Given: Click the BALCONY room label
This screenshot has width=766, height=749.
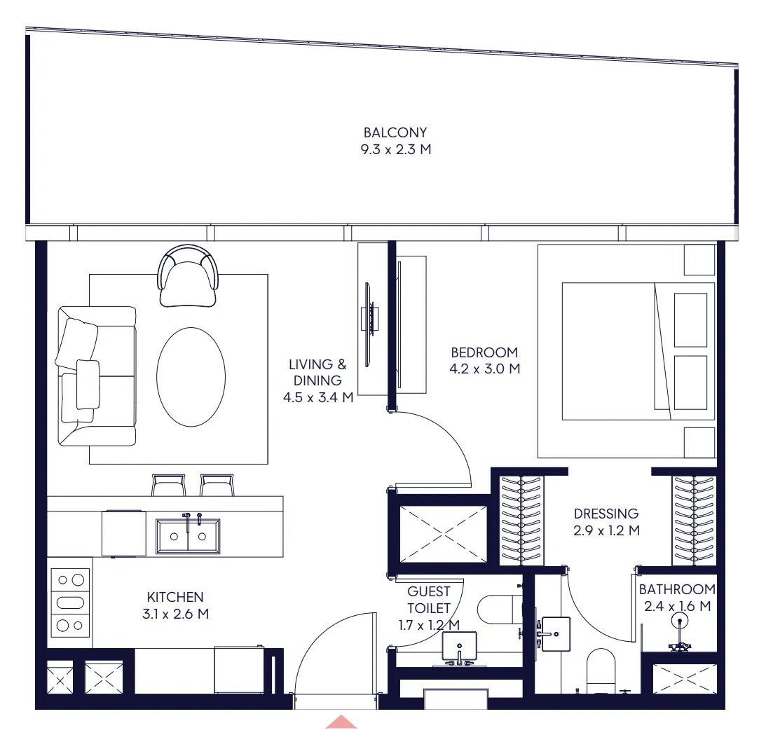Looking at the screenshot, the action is point(395,132).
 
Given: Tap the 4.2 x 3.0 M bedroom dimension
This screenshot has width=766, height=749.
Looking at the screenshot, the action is point(484,369).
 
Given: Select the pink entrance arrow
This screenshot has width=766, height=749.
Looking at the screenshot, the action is point(341,722).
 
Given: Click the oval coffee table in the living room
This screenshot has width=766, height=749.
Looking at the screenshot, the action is point(191,377).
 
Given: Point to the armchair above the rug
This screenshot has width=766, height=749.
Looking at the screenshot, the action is point(188,276).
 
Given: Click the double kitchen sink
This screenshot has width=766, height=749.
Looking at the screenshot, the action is point(188,535).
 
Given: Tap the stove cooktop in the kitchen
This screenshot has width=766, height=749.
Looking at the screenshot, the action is point(70,603).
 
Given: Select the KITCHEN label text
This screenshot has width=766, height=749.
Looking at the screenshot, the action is point(175,597).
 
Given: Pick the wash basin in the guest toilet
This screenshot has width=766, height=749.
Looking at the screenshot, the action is point(459,645).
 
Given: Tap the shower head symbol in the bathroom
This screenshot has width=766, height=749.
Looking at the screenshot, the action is point(680,621).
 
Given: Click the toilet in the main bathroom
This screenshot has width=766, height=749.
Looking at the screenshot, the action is point(601,671).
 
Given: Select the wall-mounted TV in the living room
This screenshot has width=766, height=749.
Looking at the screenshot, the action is point(371,324).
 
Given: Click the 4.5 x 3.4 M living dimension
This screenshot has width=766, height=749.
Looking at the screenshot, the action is point(318,397).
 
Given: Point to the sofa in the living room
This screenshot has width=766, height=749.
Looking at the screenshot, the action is point(97,376).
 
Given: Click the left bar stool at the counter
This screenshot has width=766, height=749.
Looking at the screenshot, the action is point(168,485).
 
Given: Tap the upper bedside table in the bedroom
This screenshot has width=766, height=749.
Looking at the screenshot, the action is point(699,260).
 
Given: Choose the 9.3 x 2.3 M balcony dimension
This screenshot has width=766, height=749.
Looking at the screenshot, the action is point(396,149).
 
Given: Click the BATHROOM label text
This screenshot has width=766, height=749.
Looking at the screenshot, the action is point(677,589).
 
